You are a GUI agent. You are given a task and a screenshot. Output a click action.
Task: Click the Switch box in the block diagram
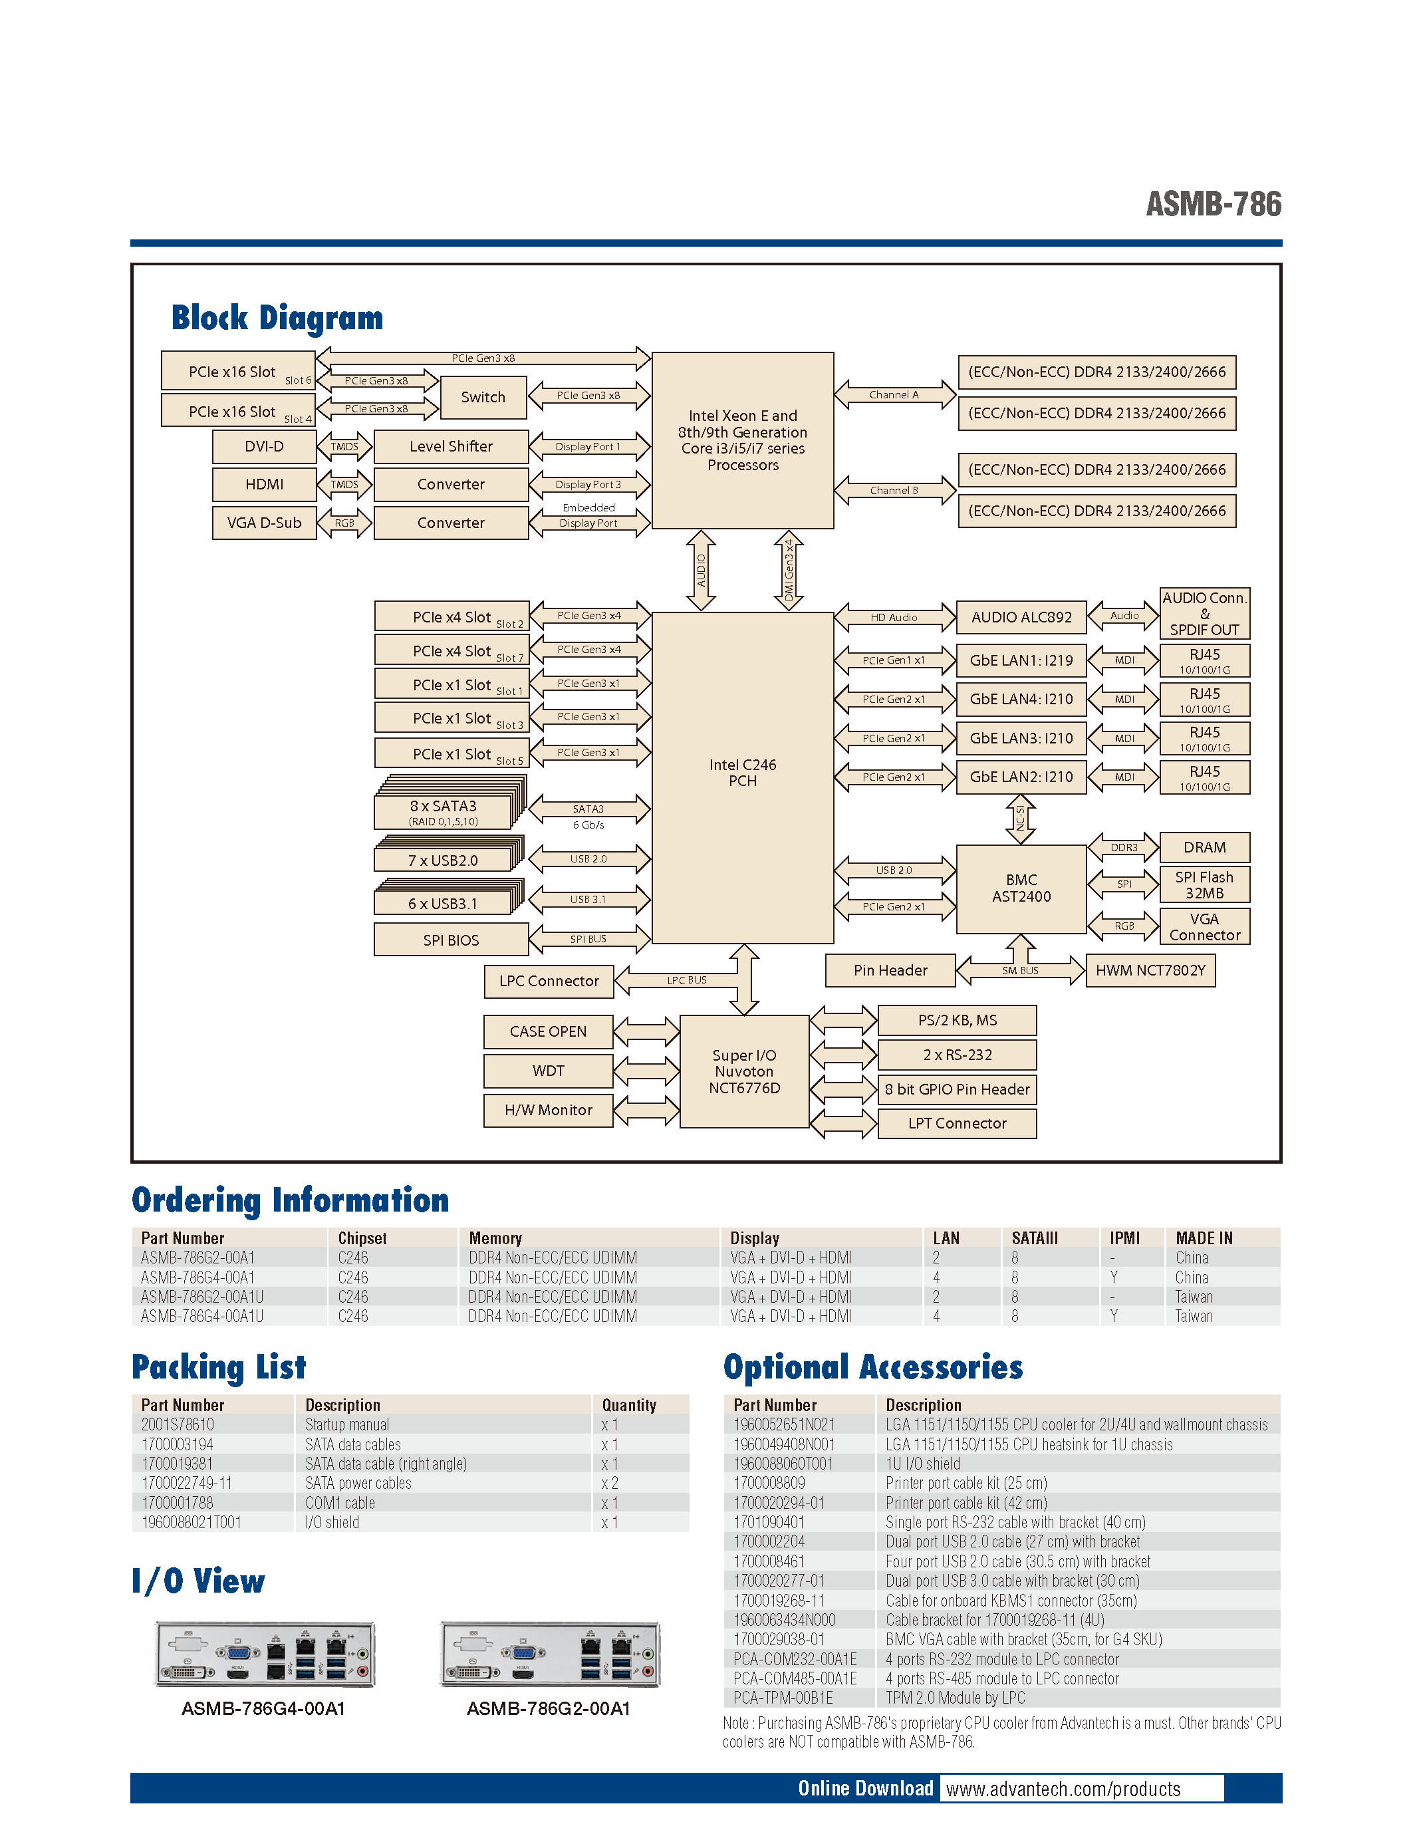tap(483, 398)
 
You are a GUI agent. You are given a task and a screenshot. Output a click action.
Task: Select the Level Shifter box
tap(451, 446)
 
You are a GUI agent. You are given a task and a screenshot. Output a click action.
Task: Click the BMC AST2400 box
tap(1021, 888)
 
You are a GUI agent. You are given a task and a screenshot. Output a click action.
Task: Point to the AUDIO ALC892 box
tap(1021, 617)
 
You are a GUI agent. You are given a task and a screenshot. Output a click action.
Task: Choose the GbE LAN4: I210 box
tap(1021, 699)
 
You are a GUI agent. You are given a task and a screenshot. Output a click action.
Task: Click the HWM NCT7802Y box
tap(1149, 970)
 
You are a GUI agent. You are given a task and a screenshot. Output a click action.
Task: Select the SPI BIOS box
tap(451, 940)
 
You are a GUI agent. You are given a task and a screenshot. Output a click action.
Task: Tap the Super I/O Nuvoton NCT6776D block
tap(744, 1072)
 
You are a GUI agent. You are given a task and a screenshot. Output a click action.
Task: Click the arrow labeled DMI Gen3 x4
tap(789, 570)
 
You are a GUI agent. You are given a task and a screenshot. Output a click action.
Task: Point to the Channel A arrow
tap(894, 394)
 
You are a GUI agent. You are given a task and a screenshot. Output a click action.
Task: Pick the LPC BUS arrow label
tap(687, 980)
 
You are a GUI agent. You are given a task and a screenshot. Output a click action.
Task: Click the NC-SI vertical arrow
tap(1021, 818)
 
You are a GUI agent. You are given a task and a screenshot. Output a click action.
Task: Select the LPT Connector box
tap(957, 1123)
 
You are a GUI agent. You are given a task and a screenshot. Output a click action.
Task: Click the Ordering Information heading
tap(290, 1200)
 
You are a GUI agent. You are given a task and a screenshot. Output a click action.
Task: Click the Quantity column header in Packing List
tap(629, 1404)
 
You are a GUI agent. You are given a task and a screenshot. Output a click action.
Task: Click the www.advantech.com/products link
tap(1063, 1789)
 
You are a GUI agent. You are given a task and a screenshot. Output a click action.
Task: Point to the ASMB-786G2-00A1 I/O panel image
tap(550, 1654)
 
